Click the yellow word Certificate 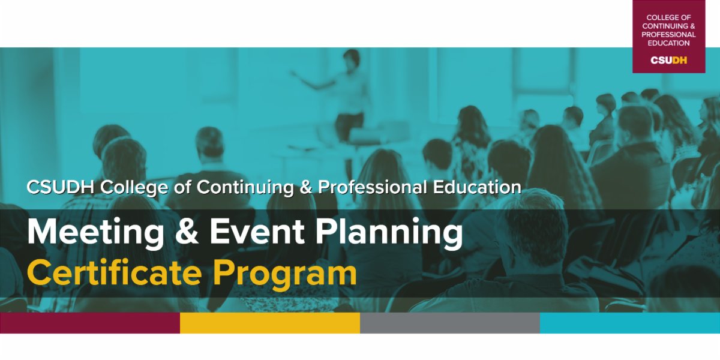coord(113,273)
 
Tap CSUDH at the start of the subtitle coord(61,187)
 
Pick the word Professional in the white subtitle coord(373,187)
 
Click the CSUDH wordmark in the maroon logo coord(668,60)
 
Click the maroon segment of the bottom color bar coord(90,323)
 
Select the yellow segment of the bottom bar coord(270,323)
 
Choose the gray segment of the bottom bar coord(450,323)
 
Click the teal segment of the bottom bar coord(630,323)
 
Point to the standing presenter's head coord(351,59)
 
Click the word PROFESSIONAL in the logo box coord(668,35)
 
